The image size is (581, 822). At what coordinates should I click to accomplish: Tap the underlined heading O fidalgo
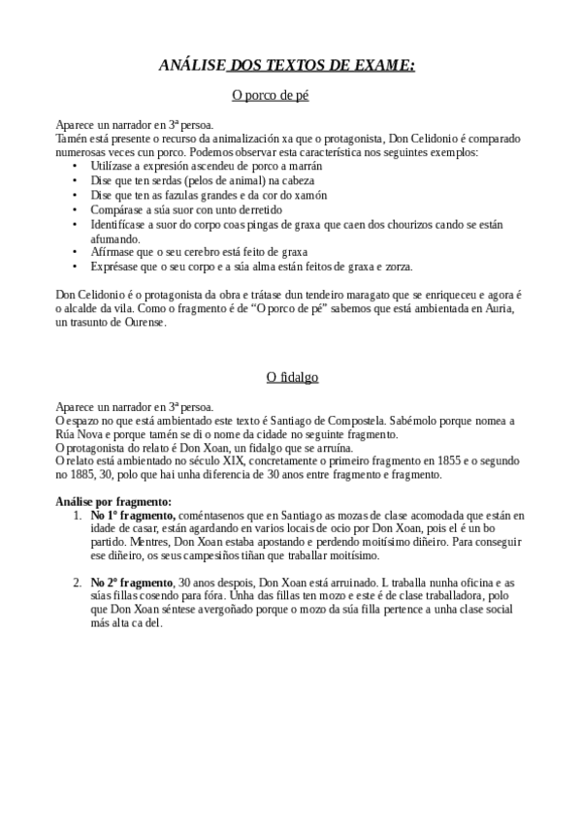292,376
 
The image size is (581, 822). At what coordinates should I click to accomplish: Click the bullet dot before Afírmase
77,251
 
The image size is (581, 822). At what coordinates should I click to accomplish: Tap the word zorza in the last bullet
396,266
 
